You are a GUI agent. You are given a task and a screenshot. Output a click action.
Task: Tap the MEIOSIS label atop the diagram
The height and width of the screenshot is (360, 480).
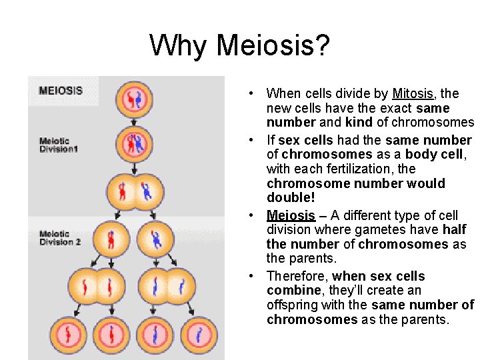61,91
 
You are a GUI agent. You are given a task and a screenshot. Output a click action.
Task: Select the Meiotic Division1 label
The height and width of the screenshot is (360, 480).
59,145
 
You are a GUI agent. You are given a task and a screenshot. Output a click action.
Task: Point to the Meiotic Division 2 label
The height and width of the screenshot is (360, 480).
60,238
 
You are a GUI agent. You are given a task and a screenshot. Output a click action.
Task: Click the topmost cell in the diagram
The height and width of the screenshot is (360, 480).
134,100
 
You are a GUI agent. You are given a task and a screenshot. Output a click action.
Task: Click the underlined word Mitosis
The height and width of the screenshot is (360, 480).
413,94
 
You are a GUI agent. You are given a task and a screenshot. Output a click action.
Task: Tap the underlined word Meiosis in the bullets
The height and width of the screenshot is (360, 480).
291,215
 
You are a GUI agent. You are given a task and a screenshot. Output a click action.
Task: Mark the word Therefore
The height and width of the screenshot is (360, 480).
296,276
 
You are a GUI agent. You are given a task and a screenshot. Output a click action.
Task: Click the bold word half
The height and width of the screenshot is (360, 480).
453,229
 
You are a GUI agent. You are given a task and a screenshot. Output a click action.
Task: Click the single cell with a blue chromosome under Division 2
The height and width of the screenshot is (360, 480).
156,239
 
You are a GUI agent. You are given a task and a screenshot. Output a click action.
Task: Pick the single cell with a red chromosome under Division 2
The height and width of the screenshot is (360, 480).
111,239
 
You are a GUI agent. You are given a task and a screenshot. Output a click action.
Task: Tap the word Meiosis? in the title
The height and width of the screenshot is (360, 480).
273,46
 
